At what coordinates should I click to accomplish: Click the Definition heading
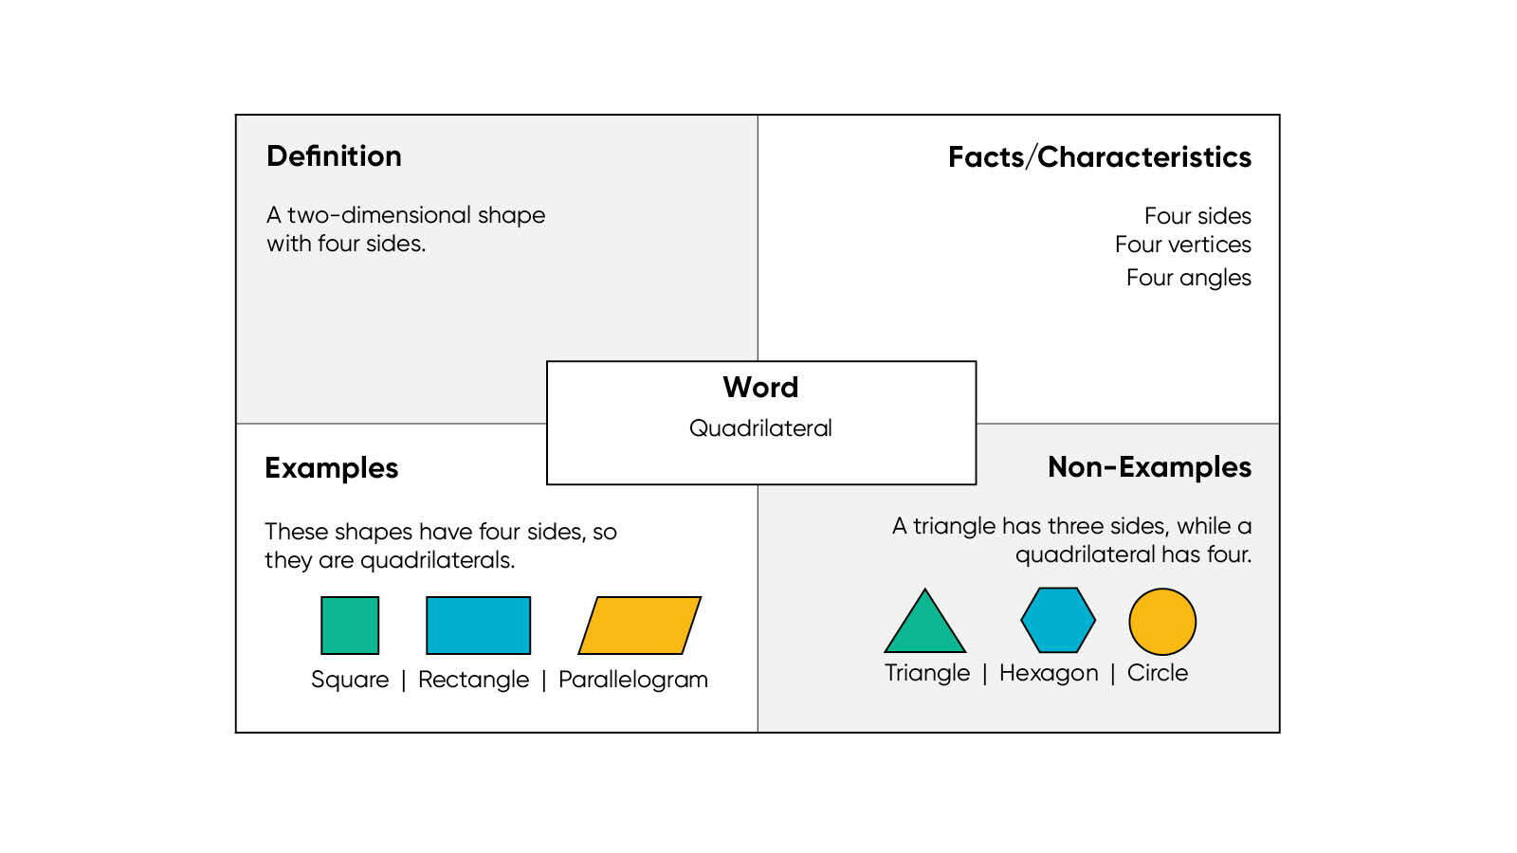click(x=334, y=156)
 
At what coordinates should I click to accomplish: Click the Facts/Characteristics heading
click(x=1099, y=157)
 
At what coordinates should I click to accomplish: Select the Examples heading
click(x=331, y=468)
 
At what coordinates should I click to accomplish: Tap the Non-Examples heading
click(x=1149, y=467)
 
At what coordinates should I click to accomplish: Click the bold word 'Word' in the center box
click(x=760, y=388)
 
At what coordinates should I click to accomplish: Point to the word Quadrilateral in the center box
click(x=760, y=428)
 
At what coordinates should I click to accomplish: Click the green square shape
click(x=350, y=626)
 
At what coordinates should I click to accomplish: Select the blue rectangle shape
click(x=478, y=626)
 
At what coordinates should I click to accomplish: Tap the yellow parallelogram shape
click(x=639, y=626)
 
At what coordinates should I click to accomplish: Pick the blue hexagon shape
click(x=1058, y=621)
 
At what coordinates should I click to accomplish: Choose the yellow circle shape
click(x=1162, y=622)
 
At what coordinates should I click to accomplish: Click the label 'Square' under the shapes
click(x=350, y=680)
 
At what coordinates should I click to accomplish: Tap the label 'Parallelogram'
click(x=632, y=680)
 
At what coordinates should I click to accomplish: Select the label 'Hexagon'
click(x=1049, y=673)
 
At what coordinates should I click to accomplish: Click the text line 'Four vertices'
click(x=1182, y=245)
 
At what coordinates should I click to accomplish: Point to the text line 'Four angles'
click(x=1188, y=278)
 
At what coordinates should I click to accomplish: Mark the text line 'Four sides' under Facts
click(x=1197, y=216)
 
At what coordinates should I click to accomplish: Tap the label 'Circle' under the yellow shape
click(x=1157, y=673)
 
